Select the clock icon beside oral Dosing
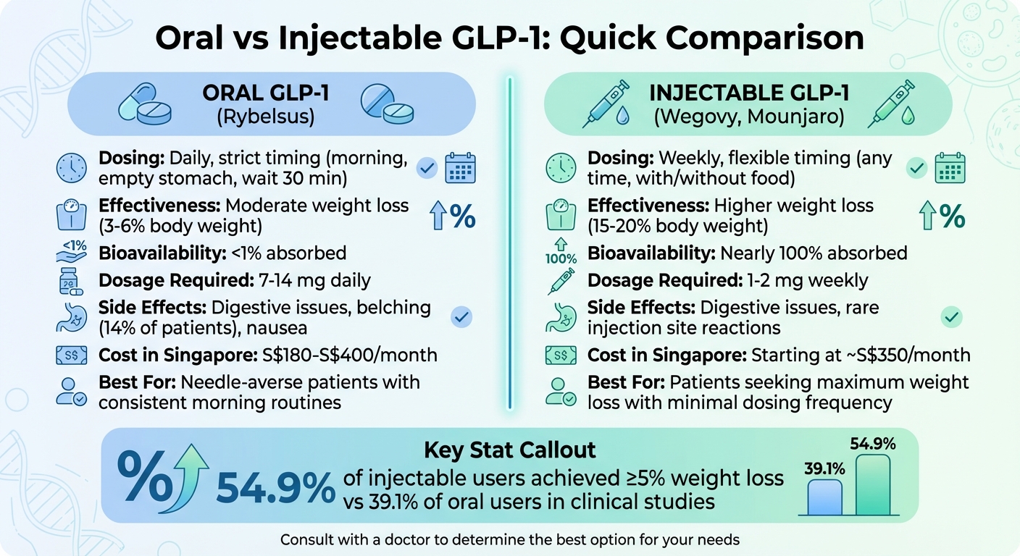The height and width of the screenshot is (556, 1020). click(x=71, y=168)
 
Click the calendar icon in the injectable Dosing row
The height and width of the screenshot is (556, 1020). click(x=950, y=168)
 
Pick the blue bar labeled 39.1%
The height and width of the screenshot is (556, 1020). click(x=824, y=497)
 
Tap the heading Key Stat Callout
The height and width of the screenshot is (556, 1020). click(x=509, y=450)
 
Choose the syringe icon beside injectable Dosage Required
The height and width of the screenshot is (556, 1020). click(x=560, y=281)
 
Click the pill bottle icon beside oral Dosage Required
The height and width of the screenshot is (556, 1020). click(x=71, y=281)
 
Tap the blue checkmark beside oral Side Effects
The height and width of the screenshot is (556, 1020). click(x=461, y=316)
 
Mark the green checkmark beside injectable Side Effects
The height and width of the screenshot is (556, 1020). click(x=950, y=316)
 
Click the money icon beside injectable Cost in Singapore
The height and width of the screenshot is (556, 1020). click(x=560, y=355)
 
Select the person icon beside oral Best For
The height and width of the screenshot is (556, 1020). click(x=71, y=391)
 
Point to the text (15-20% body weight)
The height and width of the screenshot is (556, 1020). click(x=677, y=226)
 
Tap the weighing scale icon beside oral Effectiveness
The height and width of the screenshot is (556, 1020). click(x=71, y=216)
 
